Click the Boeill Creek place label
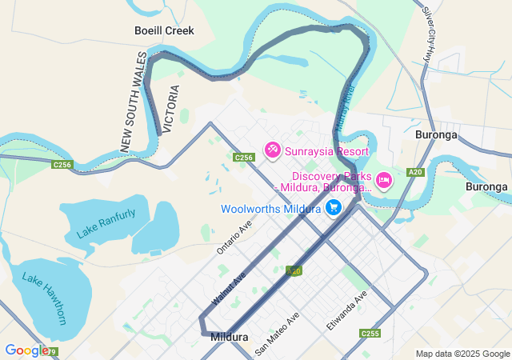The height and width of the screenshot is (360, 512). [163, 30]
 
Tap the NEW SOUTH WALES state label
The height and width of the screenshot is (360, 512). [131, 101]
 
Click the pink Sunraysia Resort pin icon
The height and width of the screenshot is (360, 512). [272, 150]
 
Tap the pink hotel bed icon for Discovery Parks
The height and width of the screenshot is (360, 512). [383, 180]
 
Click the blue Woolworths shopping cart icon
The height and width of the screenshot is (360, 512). [334, 208]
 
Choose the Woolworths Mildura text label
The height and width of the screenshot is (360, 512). [271, 209]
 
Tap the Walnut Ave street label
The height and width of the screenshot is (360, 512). [229, 287]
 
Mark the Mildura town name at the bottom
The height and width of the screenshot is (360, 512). [229, 338]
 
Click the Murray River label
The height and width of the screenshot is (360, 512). [345, 108]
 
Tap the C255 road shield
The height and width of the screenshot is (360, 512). [370, 334]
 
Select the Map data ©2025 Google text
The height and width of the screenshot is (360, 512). [462, 354]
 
